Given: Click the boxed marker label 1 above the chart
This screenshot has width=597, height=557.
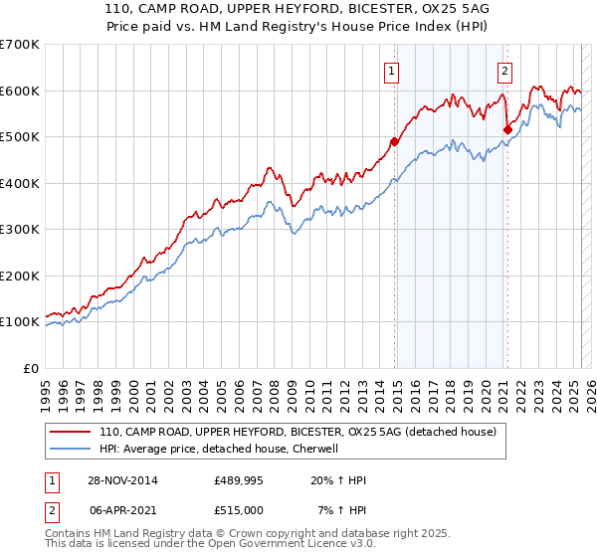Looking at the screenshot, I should [392, 71].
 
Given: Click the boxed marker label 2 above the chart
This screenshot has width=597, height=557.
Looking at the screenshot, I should [505, 71].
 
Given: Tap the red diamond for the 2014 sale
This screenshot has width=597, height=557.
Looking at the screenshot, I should [395, 141].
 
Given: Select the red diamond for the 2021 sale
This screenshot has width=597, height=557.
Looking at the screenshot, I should [507, 129].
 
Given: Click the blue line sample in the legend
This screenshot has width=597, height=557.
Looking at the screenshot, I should [71, 449].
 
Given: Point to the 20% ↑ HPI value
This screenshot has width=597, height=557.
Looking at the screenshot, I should [338, 481].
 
